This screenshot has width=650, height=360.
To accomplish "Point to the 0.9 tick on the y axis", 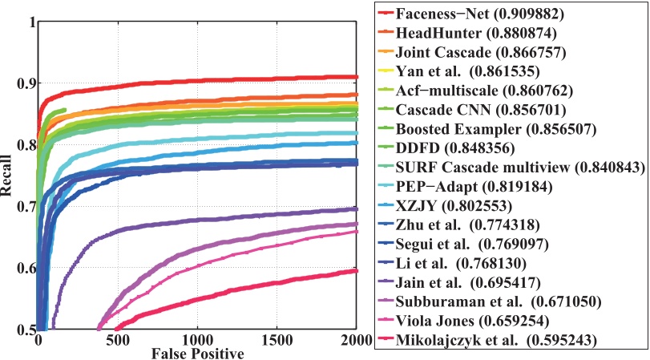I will (x=23, y=83).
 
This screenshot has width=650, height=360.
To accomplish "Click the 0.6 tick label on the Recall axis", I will (x=23, y=269).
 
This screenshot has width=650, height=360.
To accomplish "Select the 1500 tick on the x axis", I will (x=277, y=340).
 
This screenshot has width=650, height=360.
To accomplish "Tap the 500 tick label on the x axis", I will (x=118, y=340).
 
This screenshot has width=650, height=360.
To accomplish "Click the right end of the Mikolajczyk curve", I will (x=356, y=271).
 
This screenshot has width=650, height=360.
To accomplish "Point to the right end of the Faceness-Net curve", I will (x=356, y=77).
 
